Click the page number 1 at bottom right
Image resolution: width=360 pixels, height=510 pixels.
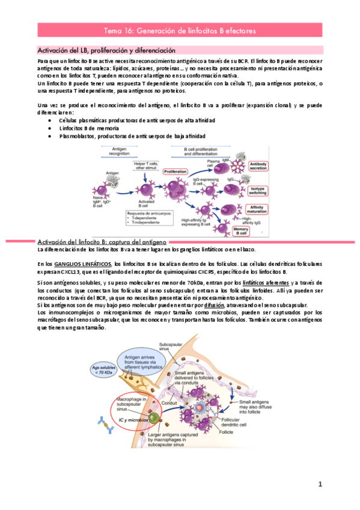[321, 484]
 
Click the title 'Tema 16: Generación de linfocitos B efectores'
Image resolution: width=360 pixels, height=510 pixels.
[180, 29]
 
